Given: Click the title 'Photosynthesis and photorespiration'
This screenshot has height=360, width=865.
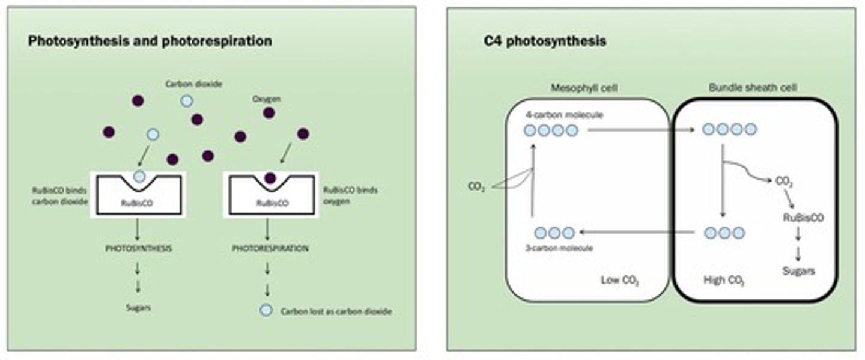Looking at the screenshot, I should [150, 41].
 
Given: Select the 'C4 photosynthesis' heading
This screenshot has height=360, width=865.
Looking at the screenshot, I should [545, 41].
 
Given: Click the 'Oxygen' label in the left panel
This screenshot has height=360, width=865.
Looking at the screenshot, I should [267, 98].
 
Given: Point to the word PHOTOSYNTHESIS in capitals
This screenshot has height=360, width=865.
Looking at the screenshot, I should [138, 248].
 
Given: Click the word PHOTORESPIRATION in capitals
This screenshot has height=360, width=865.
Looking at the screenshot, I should [270, 248].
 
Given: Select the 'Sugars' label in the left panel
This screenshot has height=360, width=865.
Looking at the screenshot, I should [138, 307].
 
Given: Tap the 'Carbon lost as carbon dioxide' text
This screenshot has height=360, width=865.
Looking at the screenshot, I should [336, 311].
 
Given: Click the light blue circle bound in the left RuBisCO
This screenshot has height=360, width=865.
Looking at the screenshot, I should [139, 176].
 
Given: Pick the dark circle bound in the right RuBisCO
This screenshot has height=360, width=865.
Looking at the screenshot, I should [270, 177].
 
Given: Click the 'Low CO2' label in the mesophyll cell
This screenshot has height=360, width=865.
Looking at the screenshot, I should [620, 281].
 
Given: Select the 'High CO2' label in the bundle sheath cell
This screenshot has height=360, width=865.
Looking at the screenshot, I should [724, 281].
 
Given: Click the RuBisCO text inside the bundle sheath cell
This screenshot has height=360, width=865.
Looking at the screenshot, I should [803, 218].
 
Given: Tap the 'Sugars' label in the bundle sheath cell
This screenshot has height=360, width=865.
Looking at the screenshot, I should [798, 271].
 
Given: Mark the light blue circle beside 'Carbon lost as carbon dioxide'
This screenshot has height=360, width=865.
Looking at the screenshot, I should [265, 311].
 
